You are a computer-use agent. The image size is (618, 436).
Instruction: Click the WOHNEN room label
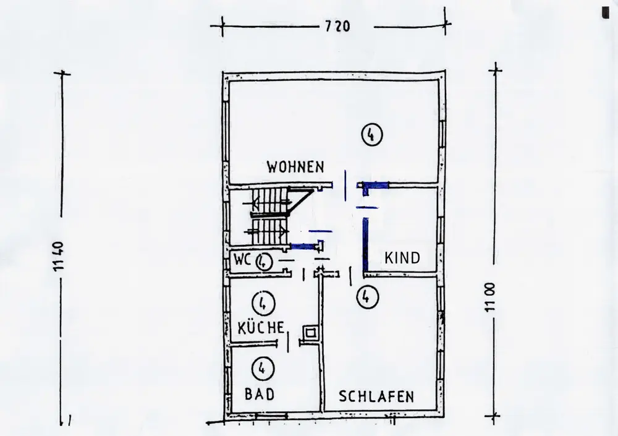coord(295,166)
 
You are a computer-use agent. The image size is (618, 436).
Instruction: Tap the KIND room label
coord(402,257)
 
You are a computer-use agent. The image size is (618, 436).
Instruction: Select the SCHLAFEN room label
coord(375,396)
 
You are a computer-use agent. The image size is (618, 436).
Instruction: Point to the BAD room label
coord(258,393)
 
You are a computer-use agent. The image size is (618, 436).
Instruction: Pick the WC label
coord(241,261)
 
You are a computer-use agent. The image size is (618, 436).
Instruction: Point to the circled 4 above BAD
coord(262,369)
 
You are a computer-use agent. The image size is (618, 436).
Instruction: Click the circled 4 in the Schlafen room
coord(368,297)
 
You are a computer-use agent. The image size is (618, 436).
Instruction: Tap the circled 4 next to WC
coord(263,262)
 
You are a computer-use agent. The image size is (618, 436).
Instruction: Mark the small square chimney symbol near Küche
coord(308,333)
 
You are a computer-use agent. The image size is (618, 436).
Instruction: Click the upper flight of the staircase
coord(269,202)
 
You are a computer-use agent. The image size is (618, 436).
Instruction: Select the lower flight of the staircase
coord(267,231)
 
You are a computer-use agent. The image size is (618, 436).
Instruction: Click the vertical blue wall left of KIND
coord(366,244)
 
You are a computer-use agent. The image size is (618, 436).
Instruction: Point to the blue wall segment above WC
coord(302,246)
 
